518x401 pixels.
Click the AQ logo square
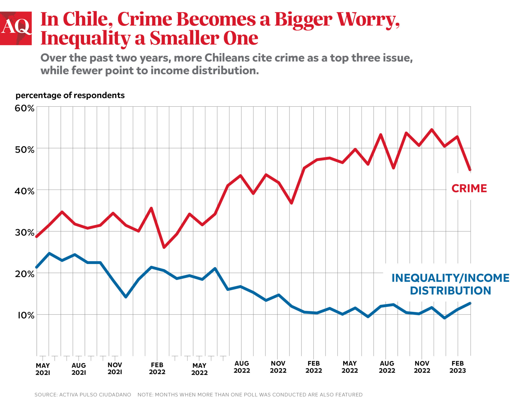point(16,28)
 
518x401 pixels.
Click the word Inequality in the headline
point(85,39)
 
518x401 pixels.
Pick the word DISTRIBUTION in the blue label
point(450,291)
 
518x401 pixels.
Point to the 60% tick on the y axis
point(24,108)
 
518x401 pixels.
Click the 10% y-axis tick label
point(25,315)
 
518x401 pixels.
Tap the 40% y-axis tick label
point(24,191)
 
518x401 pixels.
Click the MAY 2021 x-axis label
point(43,369)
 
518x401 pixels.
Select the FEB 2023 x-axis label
point(457,367)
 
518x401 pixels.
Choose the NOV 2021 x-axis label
point(115,368)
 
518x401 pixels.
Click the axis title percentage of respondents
point(70,95)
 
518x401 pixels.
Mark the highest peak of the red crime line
point(432,130)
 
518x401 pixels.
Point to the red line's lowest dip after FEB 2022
point(164,247)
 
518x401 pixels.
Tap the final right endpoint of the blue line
point(470,303)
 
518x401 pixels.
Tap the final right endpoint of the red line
point(470,170)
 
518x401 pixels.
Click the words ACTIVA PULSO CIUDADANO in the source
point(95,394)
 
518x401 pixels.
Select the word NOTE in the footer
point(145,394)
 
